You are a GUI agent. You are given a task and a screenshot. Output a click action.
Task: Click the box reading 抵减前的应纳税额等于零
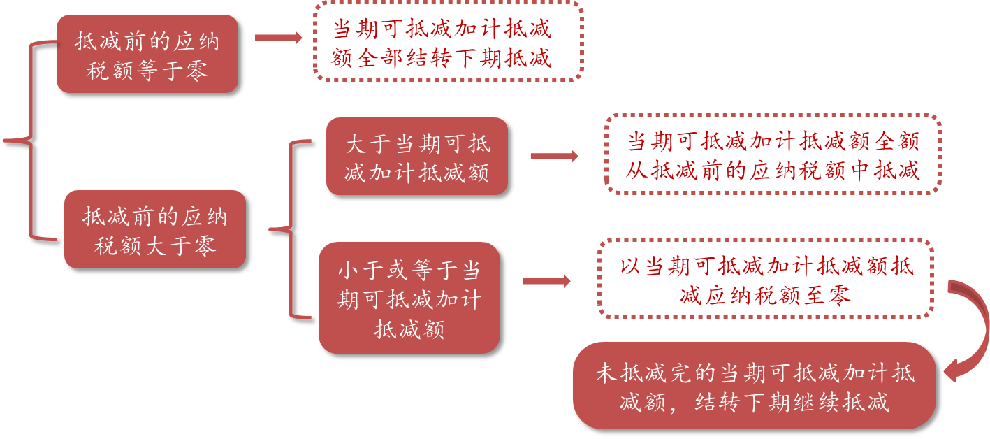click(x=147, y=54)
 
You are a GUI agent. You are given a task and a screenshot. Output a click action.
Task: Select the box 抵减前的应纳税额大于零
click(x=155, y=229)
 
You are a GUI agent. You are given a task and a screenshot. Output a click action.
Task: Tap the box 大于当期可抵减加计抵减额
click(x=417, y=156)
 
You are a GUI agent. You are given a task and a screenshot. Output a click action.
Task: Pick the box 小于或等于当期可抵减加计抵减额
click(x=409, y=298)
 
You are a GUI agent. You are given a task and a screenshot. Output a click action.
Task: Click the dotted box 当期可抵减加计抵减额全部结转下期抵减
click(x=447, y=41)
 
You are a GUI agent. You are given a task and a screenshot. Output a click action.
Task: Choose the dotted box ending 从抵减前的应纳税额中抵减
click(x=773, y=154)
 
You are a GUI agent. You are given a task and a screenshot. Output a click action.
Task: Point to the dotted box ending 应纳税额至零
click(x=765, y=279)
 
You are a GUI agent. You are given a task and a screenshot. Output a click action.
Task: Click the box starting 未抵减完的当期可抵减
click(x=755, y=386)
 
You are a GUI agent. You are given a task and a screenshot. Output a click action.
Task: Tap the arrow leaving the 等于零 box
click(x=279, y=38)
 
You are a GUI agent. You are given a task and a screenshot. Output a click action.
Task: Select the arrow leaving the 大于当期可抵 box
click(x=555, y=157)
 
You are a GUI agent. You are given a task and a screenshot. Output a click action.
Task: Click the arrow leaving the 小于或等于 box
click(x=547, y=281)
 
